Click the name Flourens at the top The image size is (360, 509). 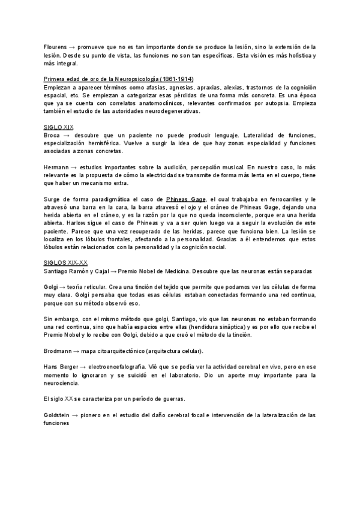(55, 46)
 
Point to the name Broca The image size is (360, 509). (52, 136)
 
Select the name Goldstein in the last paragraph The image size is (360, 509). (56, 415)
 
